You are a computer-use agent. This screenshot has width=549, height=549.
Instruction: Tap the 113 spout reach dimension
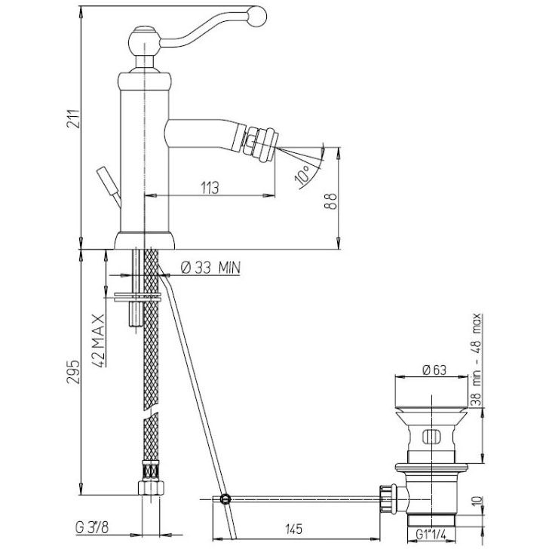pos(210,188)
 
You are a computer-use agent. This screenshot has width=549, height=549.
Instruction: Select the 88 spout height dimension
pos(330,201)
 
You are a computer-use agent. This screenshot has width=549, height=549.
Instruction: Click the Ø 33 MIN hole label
pos(211,268)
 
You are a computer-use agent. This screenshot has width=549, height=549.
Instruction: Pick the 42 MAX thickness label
pos(99,340)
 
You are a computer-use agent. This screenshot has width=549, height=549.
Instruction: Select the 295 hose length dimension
pos(74,372)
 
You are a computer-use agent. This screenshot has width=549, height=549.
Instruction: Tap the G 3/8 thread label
pos(92,528)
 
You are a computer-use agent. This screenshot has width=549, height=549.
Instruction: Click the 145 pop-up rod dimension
pos(293,529)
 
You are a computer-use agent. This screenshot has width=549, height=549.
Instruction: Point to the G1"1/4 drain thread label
pos(431,535)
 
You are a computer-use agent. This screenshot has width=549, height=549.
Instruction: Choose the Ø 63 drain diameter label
pos(434,370)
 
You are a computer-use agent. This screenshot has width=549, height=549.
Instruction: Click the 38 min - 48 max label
pos(476,360)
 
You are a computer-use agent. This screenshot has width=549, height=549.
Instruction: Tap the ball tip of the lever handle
pos(256,16)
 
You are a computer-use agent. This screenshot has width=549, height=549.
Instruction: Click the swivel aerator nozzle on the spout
pos(260,142)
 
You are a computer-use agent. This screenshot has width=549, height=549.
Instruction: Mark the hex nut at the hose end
pos(151,487)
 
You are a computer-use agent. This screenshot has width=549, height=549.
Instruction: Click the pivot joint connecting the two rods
pos(225,499)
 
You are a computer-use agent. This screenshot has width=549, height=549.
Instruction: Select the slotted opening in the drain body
pos(431,436)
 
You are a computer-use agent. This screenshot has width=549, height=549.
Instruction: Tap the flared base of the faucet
pos(145,241)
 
